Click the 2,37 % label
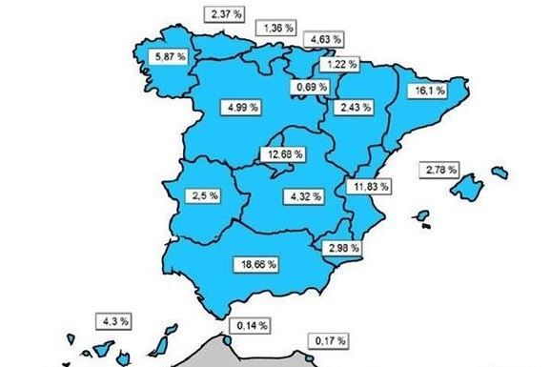click(x=222, y=14)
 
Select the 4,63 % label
click(x=324, y=40)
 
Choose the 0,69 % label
click(x=310, y=88)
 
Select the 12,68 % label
click(x=284, y=153)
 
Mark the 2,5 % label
click(x=204, y=195)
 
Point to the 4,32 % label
click(x=303, y=196)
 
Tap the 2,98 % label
click(x=342, y=249)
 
